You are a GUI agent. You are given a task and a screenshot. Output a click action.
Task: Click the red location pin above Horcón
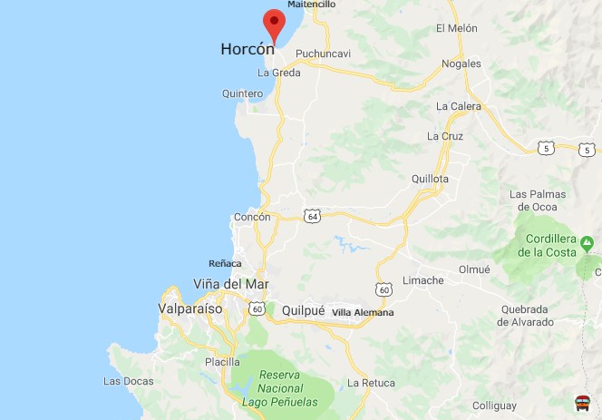tap(274, 23)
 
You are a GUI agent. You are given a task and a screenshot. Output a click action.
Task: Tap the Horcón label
tap(248, 50)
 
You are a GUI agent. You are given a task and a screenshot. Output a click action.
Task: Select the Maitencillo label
tap(311, 5)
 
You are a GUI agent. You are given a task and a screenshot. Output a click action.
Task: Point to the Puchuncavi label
tap(323, 54)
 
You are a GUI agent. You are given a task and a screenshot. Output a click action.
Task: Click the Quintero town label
tap(242, 93)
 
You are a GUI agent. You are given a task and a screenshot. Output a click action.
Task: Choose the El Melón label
tap(456, 29)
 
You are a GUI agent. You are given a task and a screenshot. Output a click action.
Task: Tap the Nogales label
tap(461, 63)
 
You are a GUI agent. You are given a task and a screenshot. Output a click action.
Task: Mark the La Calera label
tap(458, 106)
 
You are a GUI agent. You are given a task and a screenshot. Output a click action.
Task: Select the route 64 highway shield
tap(312, 216)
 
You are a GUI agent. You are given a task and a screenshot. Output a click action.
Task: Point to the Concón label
tap(252, 218)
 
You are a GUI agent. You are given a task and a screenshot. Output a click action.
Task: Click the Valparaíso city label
tap(190, 308)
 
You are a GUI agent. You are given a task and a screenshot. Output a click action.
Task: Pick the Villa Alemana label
tap(363, 313)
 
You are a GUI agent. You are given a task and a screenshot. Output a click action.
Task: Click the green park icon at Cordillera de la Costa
tap(587, 242)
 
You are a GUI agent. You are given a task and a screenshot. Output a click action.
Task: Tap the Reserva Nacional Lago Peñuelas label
tap(279, 387)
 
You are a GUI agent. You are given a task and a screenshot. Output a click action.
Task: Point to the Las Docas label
tap(129, 381)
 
